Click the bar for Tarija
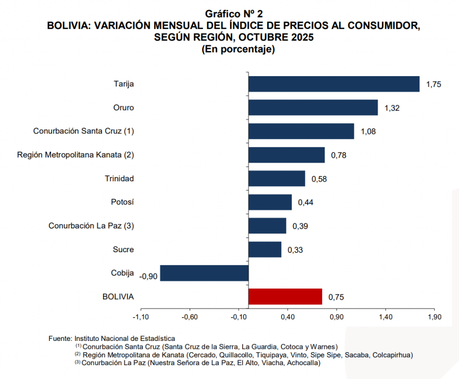[x=334, y=84]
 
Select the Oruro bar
[x=313, y=108]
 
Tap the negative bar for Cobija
[x=204, y=273]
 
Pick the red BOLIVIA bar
[x=285, y=297]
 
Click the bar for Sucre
[x=265, y=250]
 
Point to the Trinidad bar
[x=277, y=178]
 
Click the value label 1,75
[x=434, y=84]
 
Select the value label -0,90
[x=148, y=276]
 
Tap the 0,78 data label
[x=339, y=155]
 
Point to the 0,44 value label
[x=305, y=202]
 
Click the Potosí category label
[x=122, y=202]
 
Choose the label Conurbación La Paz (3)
[x=91, y=226]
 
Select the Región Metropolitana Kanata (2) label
[x=75, y=155]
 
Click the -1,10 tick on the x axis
[x=141, y=318]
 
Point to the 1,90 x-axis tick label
[x=434, y=318]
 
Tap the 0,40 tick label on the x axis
[x=288, y=318]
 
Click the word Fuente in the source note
[x=60, y=338]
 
